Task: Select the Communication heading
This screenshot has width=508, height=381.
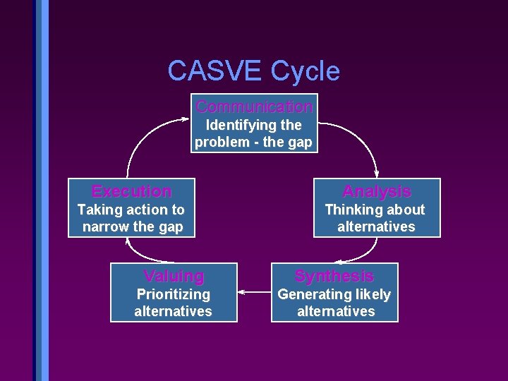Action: pyautogui.click(x=255, y=107)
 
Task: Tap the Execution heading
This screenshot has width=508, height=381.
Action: pyautogui.click(x=132, y=191)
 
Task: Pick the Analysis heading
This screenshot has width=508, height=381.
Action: pyautogui.click(x=377, y=191)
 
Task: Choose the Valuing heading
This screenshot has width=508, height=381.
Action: pyautogui.click(x=174, y=276)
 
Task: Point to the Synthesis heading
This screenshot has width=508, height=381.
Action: pyautogui.click(x=334, y=276)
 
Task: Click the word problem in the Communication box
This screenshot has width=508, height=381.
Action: pyautogui.click(x=219, y=142)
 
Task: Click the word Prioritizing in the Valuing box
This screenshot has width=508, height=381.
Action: pyautogui.click(x=174, y=294)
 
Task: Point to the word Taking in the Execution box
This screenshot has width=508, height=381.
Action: pyautogui.click(x=97, y=210)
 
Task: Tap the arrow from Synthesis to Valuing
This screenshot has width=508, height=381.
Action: pyautogui.click(x=254, y=290)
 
